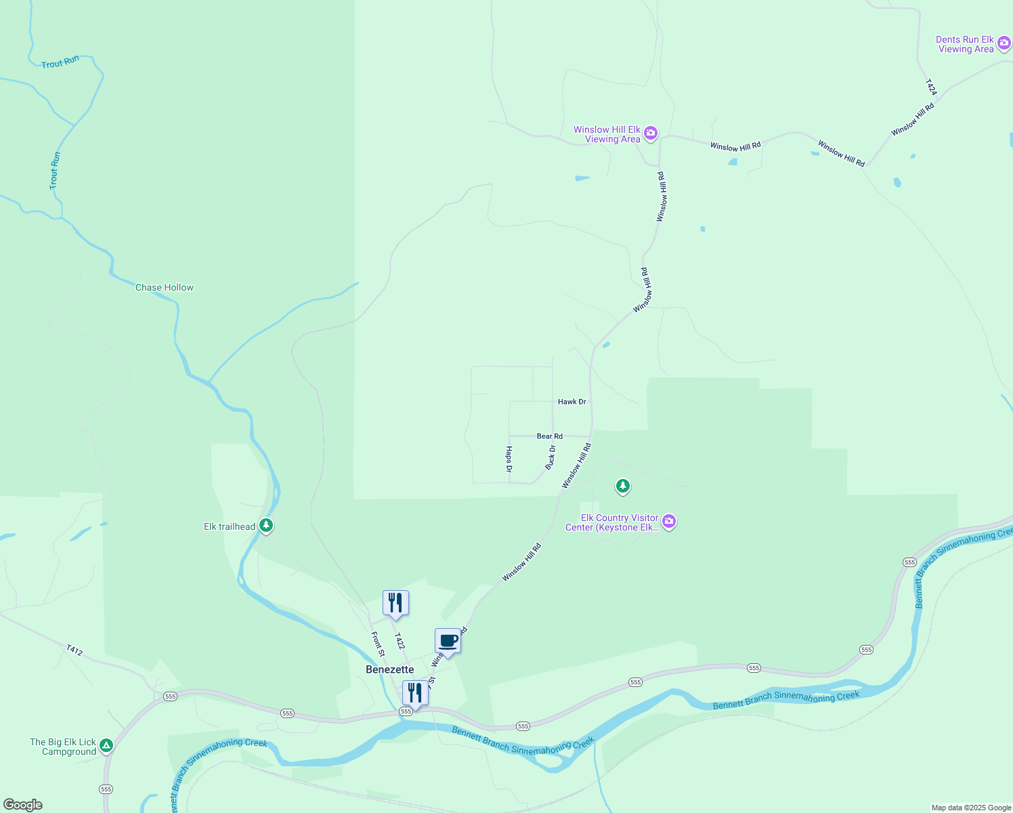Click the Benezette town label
pos(389,669)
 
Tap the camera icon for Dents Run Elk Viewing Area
pos(1004,43)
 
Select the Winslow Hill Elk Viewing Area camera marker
pos(651,133)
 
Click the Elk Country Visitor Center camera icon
pos(669,521)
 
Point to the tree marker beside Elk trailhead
pos(266,525)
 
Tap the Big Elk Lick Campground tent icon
pos(106,745)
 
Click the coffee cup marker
pos(448,640)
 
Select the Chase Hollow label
pos(165,287)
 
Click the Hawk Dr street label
pos(572,402)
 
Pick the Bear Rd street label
pos(549,436)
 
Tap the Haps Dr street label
pos(509,459)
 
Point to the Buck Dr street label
pos(551,457)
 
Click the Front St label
pos(377,644)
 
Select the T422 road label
pos(400,641)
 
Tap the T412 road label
pos(74,650)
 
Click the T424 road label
pos(931,87)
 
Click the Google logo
pos(23,805)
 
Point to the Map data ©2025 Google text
pos(971,808)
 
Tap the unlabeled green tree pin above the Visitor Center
pos(622,486)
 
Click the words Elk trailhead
pos(230,526)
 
